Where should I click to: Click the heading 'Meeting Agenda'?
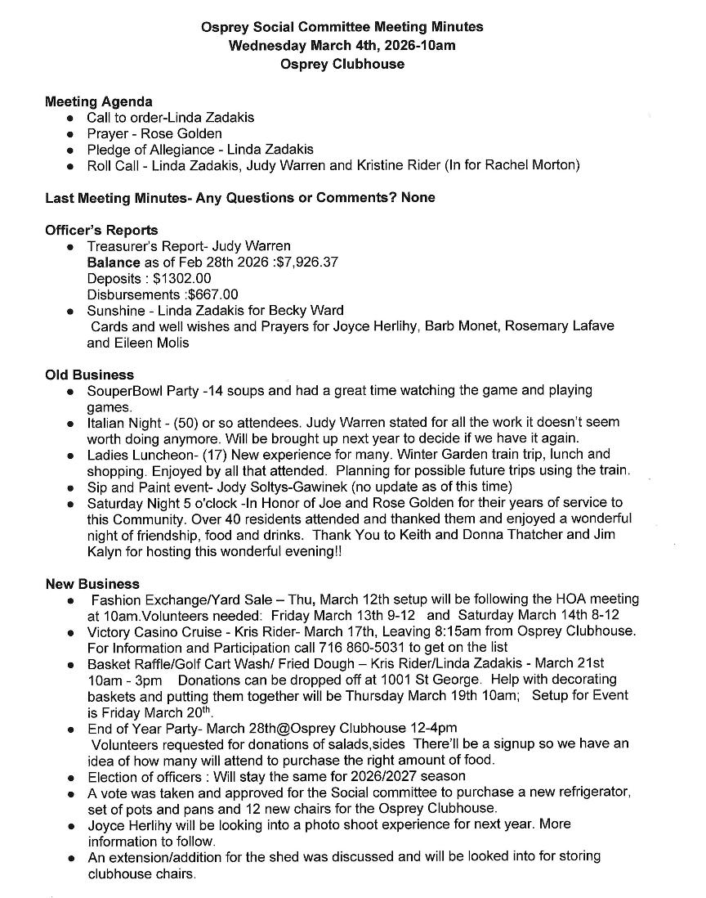(x=98, y=101)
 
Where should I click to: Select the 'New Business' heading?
(x=92, y=584)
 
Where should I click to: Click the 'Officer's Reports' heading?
(x=101, y=230)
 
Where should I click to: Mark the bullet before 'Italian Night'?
(x=72, y=424)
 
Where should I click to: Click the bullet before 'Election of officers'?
(x=72, y=776)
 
